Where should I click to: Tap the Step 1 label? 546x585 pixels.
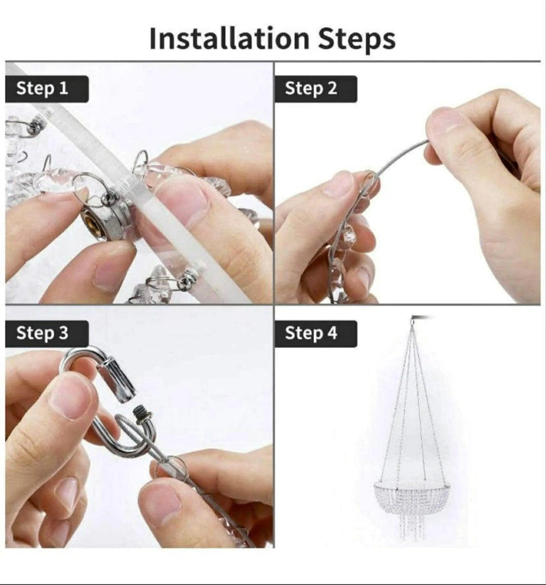43,89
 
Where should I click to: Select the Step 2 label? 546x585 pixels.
311,89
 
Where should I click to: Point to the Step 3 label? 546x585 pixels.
43,333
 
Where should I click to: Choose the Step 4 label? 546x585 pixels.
311,333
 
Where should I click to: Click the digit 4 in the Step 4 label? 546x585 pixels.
331,333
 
